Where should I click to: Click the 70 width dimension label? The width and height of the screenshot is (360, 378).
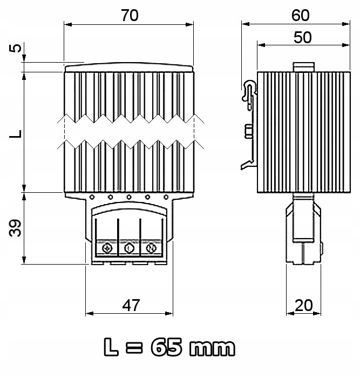point(130,16)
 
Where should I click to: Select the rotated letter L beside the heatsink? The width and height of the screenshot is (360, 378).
point(17,132)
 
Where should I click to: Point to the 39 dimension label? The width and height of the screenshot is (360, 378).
point(17,228)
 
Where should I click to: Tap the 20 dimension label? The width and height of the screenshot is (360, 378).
point(304,305)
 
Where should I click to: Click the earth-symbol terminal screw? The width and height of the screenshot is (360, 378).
point(107,248)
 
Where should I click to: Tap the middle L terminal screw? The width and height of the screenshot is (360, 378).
point(129,248)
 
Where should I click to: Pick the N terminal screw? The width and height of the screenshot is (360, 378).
point(151,248)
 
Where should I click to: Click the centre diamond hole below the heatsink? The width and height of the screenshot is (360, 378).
point(129,197)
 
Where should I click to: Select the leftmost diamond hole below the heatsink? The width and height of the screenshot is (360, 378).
point(92,197)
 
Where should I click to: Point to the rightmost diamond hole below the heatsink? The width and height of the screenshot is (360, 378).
point(166,197)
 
